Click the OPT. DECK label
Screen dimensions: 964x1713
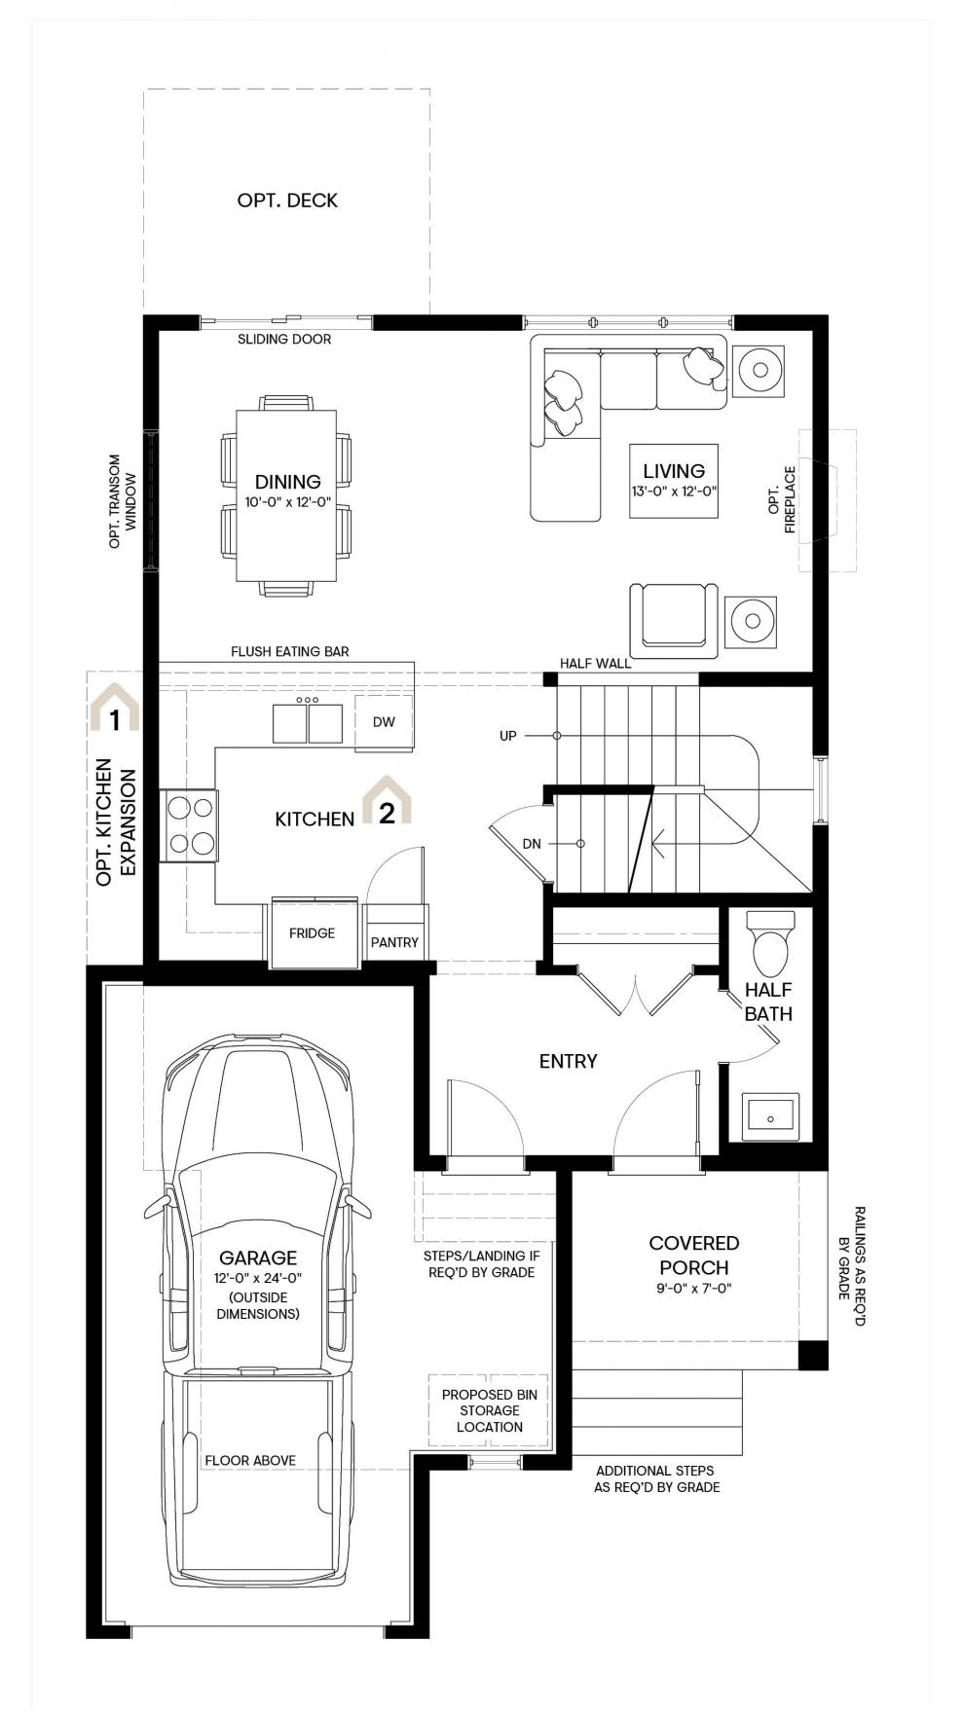pyautogui.click(x=287, y=200)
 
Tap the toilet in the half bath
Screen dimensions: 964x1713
pyautogui.click(x=770, y=943)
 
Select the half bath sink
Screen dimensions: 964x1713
pyautogui.click(x=770, y=1116)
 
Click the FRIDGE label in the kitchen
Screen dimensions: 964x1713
pyautogui.click(x=312, y=932)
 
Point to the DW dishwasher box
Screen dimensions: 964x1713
pyautogui.click(x=384, y=722)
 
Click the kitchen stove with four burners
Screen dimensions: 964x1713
pyautogui.click(x=188, y=825)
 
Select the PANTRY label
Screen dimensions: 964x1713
pyautogui.click(x=394, y=942)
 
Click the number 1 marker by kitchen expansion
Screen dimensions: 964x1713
pyautogui.click(x=115, y=720)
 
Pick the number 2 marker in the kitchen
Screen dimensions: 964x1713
pyautogui.click(x=387, y=813)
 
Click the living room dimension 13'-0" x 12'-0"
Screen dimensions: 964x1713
pyautogui.click(x=674, y=492)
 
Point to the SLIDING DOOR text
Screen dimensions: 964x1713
pyautogui.click(x=284, y=340)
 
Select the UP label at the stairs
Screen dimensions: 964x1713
pyautogui.click(x=507, y=736)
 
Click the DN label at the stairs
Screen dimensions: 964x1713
pyautogui.click(x=532, y=844)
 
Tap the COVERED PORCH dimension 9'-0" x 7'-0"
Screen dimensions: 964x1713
pyautogui.click(x=694, y=1289)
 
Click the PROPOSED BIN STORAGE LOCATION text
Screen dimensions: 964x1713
pyautogui.click(x=490, y=1410)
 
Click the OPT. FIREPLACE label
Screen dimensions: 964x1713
pyautogui.click(x=782, y=500)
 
